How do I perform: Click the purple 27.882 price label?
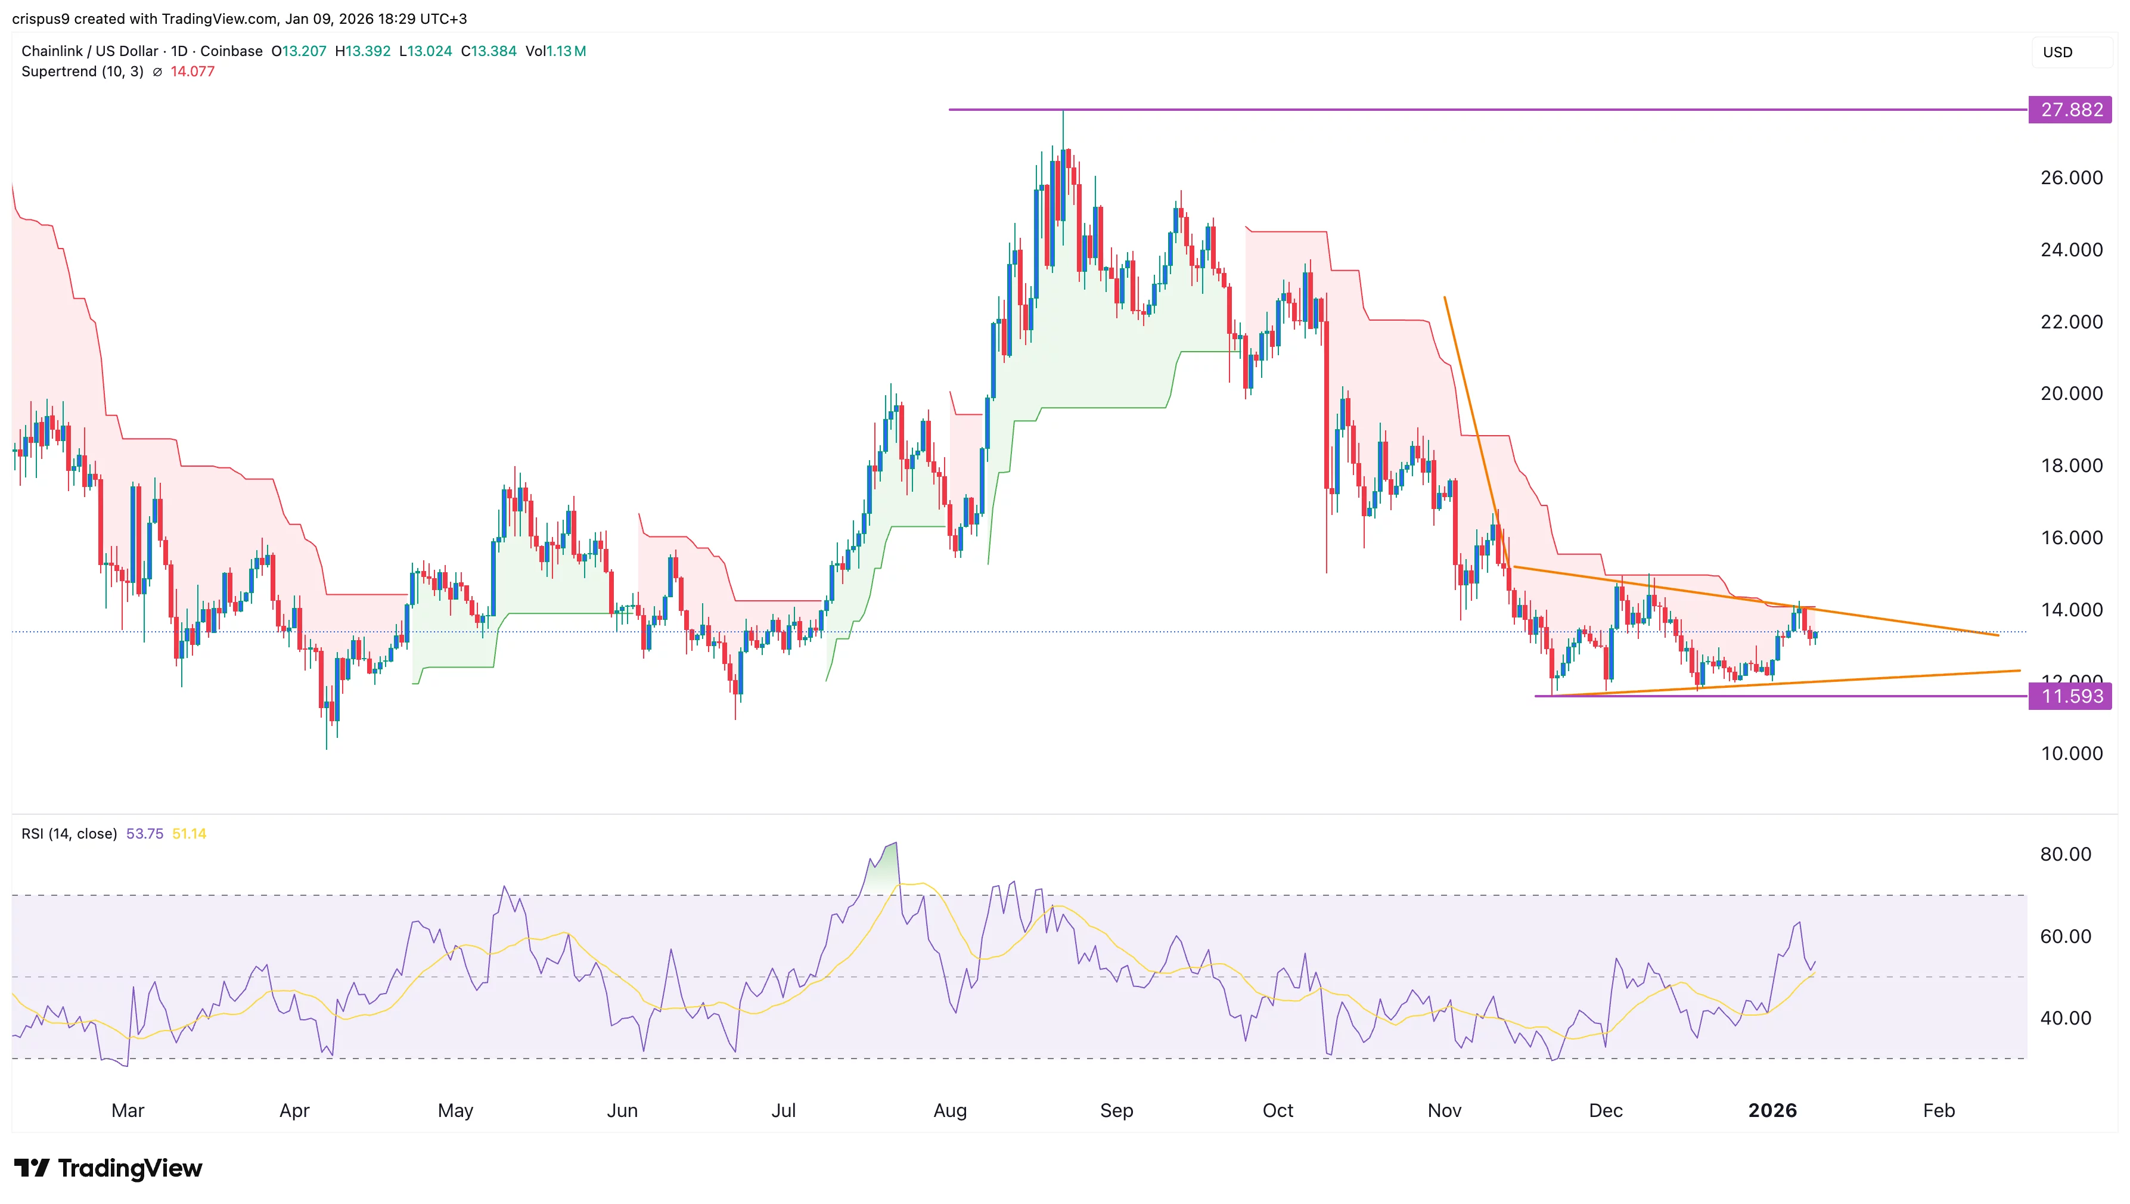point(2070,110)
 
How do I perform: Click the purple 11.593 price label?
point(2070,696)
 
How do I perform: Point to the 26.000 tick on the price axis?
point(2070,178)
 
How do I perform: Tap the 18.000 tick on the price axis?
point(2070,466)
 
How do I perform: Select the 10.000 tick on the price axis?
point(2070,753)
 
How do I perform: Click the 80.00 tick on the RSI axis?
point(2064,854)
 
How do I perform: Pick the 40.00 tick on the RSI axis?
point(2064,1018)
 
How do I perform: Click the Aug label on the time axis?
point(949,1110)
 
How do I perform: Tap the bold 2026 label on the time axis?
point(1772,1110)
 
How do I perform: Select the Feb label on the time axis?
point(1938,1110)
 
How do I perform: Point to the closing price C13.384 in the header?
point(488,51)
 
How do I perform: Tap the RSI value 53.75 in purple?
point(145,833)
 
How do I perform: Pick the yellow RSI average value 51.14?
point(190,833)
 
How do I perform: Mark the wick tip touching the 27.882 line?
point(1063,111)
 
